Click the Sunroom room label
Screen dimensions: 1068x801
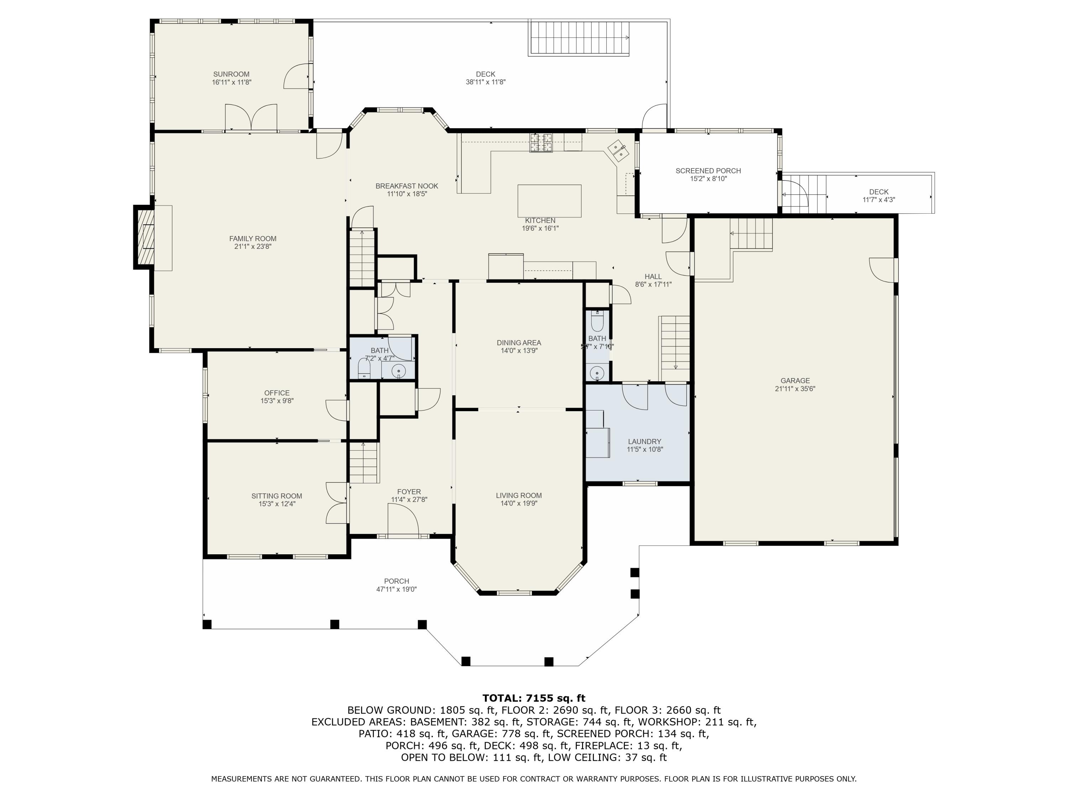tap(231, 74)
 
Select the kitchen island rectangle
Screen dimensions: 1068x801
tap(549, 201)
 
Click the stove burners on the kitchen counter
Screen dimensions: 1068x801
tap(541, 142)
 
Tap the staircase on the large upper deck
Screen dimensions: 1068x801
tap(579, 38)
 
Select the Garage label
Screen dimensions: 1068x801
tap(795, 381)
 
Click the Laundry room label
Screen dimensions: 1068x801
tap(645, 441)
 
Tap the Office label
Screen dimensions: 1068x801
tap(277, 393)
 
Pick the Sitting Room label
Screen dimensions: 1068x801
tap(277, 496)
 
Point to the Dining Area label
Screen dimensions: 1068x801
tap(519, 343)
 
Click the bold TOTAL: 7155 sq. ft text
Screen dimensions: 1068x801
tap(534, 698)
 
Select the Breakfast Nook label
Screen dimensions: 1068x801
tap(407, 186)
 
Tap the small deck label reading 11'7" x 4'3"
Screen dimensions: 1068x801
tap(879, 200)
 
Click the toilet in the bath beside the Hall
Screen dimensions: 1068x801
tap(598, 321)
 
